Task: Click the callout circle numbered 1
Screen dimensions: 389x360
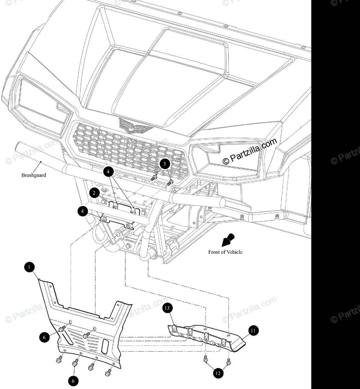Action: tap(29, 267)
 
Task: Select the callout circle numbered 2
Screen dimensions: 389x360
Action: tap(94, 193)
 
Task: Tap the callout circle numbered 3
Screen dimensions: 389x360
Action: tap(164, 164)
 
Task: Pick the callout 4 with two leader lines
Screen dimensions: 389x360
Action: tap(109, 171)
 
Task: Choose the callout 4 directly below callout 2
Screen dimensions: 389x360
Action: tap(82, 212)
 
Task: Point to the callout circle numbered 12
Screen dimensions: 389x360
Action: tap(218, 373)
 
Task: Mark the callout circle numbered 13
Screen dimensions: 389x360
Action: tap(168, 308)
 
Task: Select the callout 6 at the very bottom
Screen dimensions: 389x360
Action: tap(73, 381)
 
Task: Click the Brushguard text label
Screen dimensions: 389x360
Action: tap(34, 175)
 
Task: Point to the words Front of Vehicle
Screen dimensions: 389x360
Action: tap(225, 252)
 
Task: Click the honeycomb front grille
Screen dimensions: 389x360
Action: tap(130, 149)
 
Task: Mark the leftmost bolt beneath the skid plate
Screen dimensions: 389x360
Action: tap(60, 360)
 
